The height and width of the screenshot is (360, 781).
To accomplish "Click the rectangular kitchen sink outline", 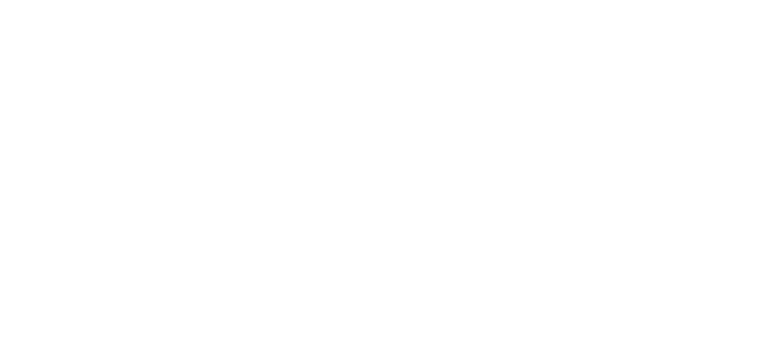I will point(138,30).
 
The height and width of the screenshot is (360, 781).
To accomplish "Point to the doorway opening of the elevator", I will point(326,91).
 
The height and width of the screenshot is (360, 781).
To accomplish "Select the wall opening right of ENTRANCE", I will point(480,229).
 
